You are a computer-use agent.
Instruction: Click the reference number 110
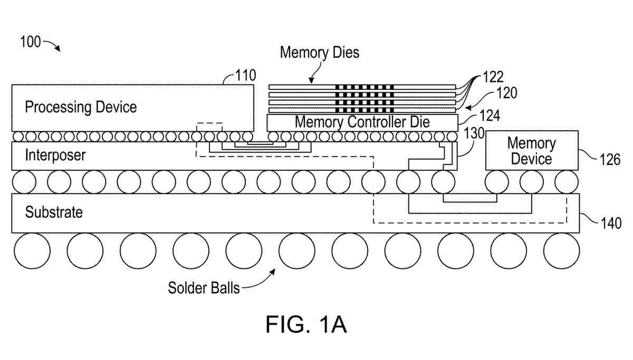245,75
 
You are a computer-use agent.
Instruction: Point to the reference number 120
506,93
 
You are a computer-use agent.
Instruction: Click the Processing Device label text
81,108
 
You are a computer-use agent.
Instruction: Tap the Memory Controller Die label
362,122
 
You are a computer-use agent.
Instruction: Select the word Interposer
55,155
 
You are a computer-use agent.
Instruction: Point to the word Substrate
54,212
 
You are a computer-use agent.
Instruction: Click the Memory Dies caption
320,53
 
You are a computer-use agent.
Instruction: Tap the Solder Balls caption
204,288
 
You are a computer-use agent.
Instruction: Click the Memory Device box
531,151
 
